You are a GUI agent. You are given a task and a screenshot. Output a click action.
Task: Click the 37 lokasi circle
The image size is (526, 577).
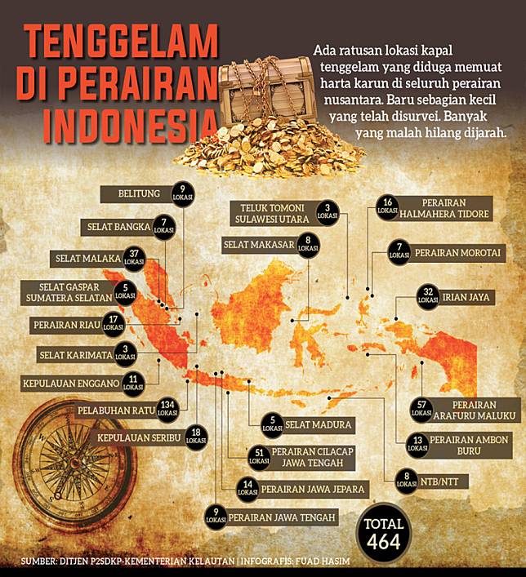pos(135,257)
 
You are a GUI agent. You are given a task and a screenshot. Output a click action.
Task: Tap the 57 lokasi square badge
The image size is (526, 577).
pos(422,409)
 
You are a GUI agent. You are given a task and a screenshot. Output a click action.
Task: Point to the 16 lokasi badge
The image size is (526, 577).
pos(388,206)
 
